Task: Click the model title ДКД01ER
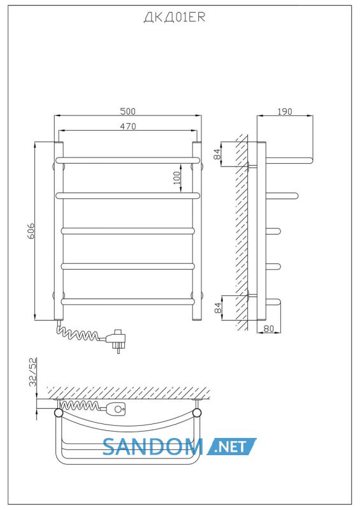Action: coord(175,18)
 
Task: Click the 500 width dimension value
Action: coord(127,111)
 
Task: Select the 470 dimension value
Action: coord(127,126)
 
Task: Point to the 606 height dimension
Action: coord(30,231)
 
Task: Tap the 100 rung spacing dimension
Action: coord(177,178)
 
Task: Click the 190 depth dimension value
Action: coord(285,111)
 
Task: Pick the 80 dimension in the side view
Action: coord(269,328)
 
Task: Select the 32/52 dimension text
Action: coord(33,372)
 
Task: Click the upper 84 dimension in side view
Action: coord(218,154)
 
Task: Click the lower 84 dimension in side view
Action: coord(218,307)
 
